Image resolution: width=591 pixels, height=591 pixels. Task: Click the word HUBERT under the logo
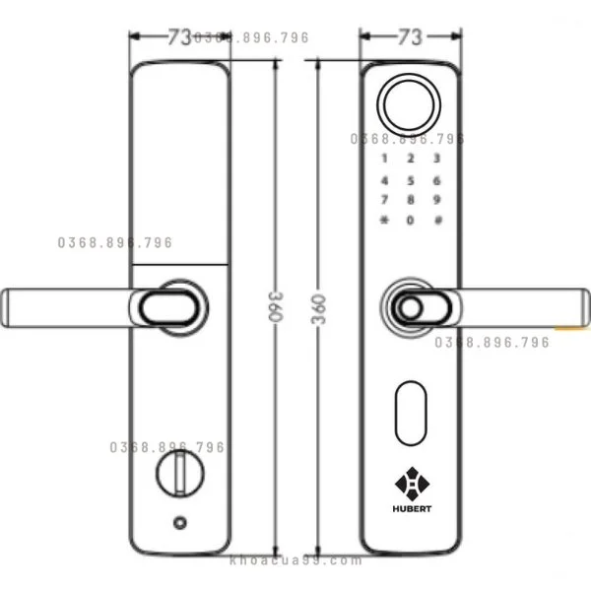(x=409, y=510)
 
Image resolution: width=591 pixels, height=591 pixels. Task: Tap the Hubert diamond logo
(x=409, y=485)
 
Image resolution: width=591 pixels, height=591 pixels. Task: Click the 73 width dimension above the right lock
(x=410, y=37)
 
